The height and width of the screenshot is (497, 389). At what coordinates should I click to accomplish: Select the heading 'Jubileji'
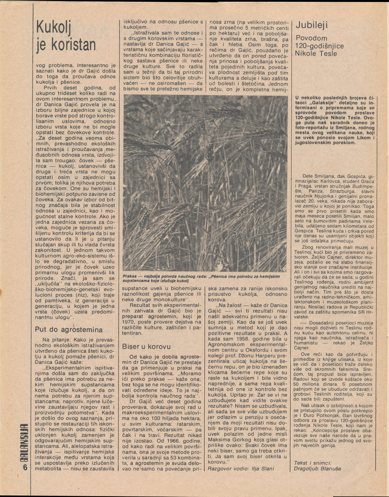pos(312,25)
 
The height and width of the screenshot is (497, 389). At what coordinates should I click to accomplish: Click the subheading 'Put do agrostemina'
pos(69,329)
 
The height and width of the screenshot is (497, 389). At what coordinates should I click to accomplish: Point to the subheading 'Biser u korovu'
pos(146,347)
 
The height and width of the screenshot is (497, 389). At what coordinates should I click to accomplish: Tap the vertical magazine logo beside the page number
pos(25,441)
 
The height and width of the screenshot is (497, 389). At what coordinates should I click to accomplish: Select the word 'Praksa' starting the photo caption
pos(130,276)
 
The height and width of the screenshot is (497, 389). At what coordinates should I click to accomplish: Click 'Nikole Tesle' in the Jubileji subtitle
pos(316,54)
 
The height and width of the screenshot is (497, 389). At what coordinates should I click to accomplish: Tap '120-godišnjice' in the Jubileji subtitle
pos(319,46)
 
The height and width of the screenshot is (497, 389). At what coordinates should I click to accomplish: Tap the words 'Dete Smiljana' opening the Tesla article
pos(318,176)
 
